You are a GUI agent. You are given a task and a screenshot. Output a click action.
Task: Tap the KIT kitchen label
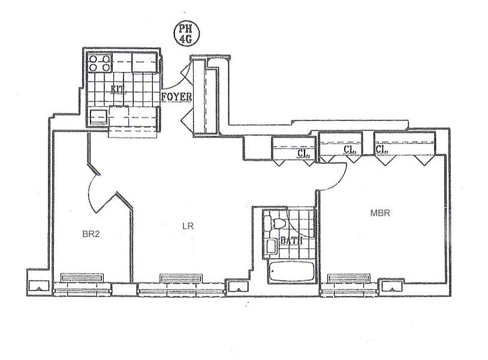click(x=118, y=90)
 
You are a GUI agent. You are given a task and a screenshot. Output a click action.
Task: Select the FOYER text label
click(x=176, y=97)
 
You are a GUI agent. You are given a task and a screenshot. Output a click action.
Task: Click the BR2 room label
click(x=91, y=235)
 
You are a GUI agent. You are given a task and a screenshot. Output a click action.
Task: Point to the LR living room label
click(x=187, y=226)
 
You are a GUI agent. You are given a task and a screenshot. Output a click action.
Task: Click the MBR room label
click(x=380, y=212)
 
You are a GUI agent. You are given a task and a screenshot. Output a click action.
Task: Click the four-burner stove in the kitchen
click(x=100, y=62)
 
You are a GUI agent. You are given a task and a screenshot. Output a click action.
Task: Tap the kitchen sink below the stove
click(x=98, y=116)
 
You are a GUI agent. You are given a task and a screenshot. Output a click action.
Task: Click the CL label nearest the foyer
click(x=303, y=152)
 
